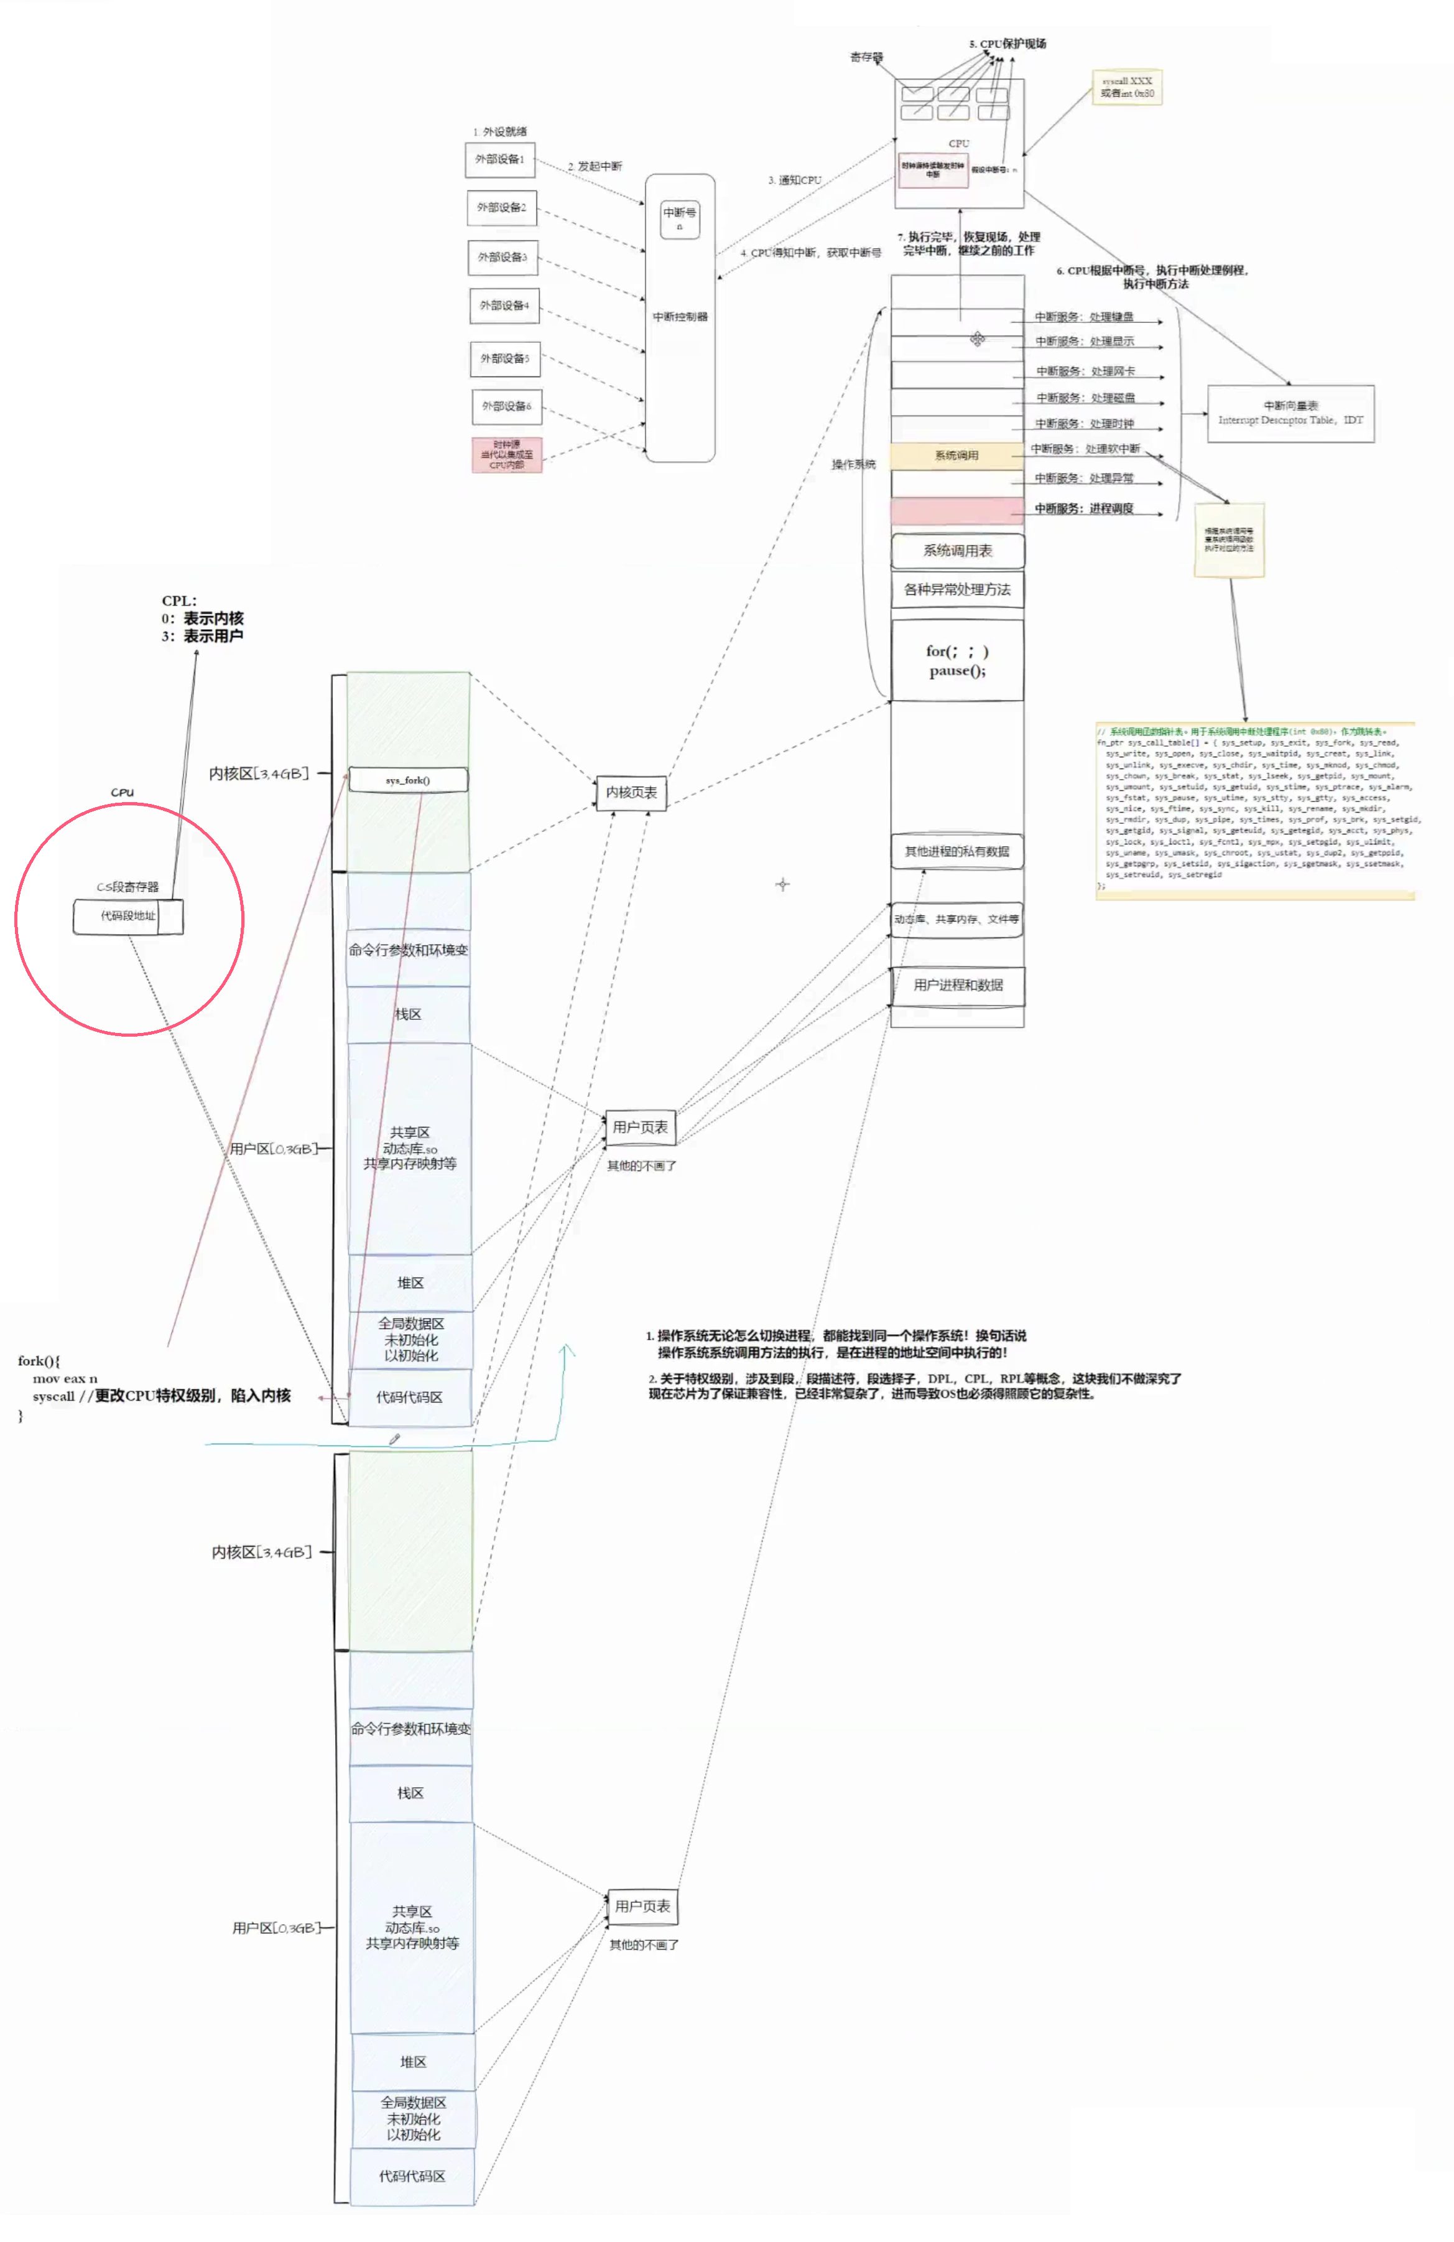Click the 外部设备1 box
[499, 159]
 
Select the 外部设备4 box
[504, 305]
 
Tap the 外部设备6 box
[506, 406]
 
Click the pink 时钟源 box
[507, 454]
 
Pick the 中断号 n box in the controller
[679, 218]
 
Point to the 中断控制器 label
[679, 317]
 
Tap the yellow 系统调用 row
[956, 456]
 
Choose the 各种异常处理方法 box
[956, 590]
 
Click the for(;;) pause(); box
[956, 660]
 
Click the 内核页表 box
[631, 792]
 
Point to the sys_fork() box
[408, 780]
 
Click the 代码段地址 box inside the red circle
[128, 915]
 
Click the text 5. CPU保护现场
[1007, 44]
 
